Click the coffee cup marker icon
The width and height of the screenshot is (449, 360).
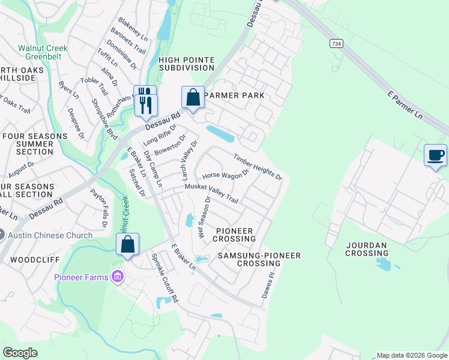(435, 155)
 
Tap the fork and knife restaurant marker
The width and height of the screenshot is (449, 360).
(146, 103)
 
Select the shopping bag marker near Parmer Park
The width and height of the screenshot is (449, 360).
(193, 97)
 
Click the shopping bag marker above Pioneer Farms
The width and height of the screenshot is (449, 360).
(127, 244)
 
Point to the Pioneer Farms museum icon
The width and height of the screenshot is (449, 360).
(117, 277)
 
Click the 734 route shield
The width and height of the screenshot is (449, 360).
(336, 44)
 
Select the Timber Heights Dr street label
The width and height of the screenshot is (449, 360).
(258, 167)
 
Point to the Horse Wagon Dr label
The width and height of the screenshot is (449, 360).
(225, 175)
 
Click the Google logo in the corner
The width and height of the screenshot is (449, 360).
(20, 353)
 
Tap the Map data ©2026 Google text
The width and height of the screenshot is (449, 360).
(411, 356)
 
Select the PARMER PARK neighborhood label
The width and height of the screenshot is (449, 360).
(235, 96)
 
